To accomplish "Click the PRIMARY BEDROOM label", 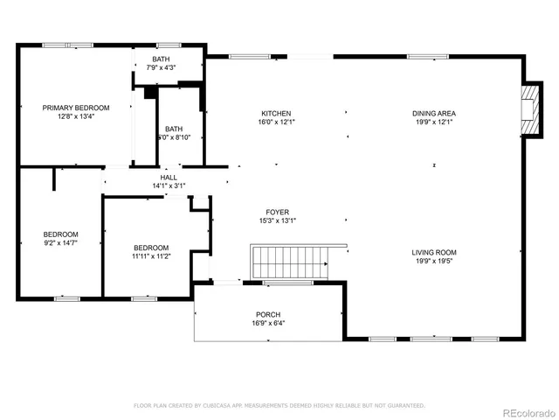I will [77, 108].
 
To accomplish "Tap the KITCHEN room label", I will [276, 113].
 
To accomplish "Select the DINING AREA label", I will [434, 113].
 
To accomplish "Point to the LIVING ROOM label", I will [434, 252].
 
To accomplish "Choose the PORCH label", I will [268, 314].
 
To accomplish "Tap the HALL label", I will [168, 177].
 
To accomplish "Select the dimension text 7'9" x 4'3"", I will [162, 67].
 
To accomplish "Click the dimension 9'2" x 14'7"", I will [61, 242].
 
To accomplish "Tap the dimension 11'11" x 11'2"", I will [151, 255].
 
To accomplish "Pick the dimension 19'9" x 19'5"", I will [434, 261].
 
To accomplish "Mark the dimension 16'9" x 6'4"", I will [268, 323].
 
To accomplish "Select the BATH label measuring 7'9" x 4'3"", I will [162, 59].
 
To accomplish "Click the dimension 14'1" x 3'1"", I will [168, 185].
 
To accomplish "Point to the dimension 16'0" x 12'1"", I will [276, 122].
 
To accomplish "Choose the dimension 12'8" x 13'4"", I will [77, 116].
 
